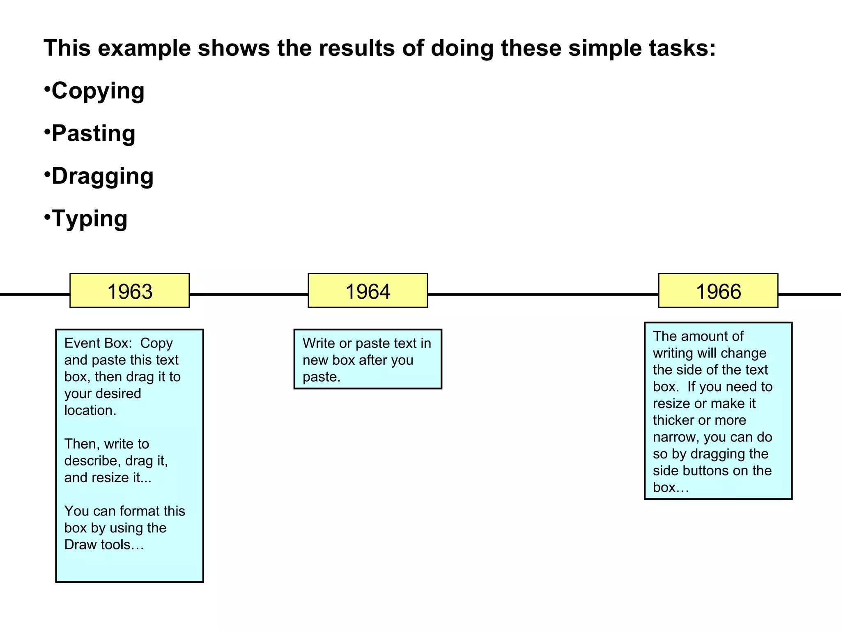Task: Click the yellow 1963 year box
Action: click(129, 290)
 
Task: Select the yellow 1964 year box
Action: click(368, 290)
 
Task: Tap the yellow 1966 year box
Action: click(718, 290)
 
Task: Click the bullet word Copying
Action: click(98, 91)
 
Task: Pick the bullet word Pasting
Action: click(93, 134)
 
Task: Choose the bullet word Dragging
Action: click(102, 176)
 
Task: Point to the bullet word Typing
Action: click(89, 219)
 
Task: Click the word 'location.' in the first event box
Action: click(90, 410)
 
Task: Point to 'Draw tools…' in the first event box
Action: click(104, 545)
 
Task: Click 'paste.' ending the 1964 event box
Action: click(321, 377)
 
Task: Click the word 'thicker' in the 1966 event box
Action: click(673, 420)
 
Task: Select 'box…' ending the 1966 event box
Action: click(671, 488)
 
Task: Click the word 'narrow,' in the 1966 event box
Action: click(676, 437)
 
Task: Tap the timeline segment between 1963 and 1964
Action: click(248, 294)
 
